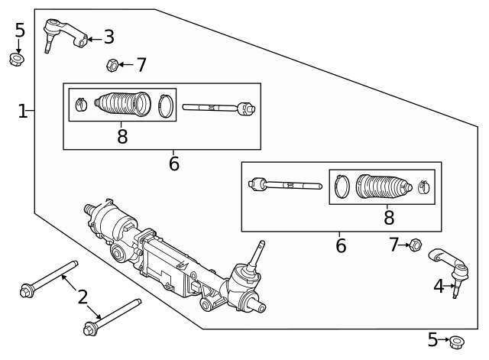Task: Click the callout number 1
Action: tap(22, 112)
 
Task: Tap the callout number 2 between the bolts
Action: tap(83, 296)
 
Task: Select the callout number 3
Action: tap(108, 37)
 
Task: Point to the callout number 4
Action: tap(439, 287)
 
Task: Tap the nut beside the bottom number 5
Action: tap(456, 342)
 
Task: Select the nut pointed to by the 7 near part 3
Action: tap(112, 65)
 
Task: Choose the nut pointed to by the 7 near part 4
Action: tap(416, 245)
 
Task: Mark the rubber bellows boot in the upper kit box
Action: tap(124, 104)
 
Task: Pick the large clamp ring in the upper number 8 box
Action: tap(166, 105)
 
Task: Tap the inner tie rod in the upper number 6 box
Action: tap(218, 108)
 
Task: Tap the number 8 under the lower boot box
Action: tap(388, 218)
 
